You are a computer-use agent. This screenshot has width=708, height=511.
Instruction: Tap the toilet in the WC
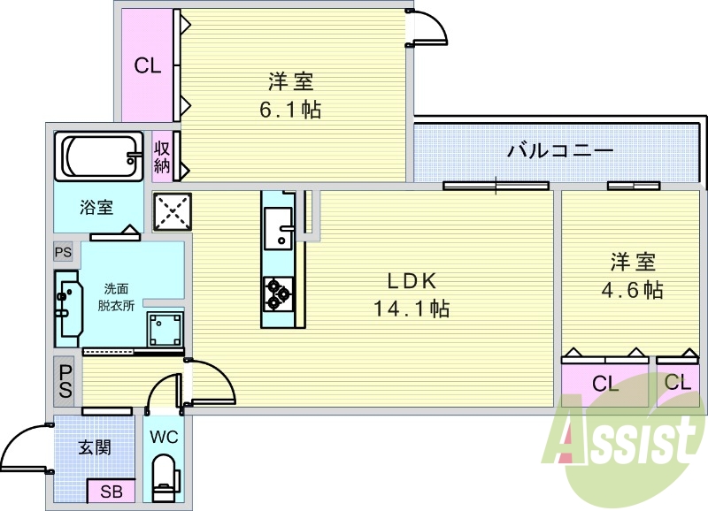pyautogui.click(x=165, y=478)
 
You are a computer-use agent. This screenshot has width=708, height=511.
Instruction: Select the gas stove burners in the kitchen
pyautogui.click(x=277, y=294)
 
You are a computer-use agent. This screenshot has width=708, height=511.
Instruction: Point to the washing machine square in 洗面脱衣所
pyautogui.click(x=165, y=328)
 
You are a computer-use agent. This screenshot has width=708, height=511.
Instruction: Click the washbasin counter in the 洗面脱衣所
pyautogui.click(x=68, y=309)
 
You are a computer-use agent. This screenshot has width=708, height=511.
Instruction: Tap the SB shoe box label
pyautogui.click(x=112, y=492)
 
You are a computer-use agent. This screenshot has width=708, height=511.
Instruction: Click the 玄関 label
pyautogui.click(x=95, y=447)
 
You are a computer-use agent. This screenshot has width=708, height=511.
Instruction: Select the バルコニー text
pyautogui.click(x=560, y=150)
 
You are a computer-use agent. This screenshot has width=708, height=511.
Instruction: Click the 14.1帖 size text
pyautogui.click(x=412, y=309)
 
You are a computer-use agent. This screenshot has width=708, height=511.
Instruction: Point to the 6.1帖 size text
pyautogui.click(x=290, y=110)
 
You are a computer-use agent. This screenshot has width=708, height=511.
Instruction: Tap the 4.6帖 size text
pyautogui.click(x=632, y=290)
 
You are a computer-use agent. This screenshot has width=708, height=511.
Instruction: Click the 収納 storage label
pyautogui.click(x=162, y=156)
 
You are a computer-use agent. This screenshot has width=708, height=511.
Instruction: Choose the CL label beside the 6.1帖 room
pyautogui.click(x=148, y=66)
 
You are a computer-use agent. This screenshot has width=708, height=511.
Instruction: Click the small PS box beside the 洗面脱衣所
pyautogui.click(x=63, y=252)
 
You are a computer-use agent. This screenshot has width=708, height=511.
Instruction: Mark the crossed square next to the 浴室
pyautogui.click(x=172, y=212)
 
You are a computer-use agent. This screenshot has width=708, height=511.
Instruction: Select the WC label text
pyautogui.click(x=165, y=437)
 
